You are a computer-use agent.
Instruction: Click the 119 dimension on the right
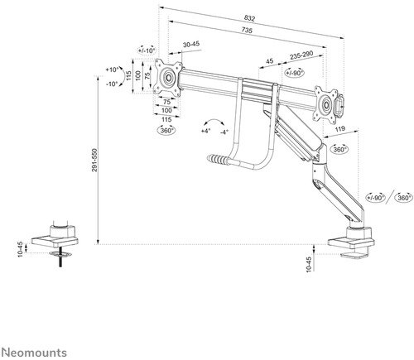[x=342, y=129]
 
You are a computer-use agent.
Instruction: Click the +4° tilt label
[x=205, y=130]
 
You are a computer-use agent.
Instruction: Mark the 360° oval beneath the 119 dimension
[x=339, y=150]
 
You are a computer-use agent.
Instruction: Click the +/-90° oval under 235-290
[x=295, y=71]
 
